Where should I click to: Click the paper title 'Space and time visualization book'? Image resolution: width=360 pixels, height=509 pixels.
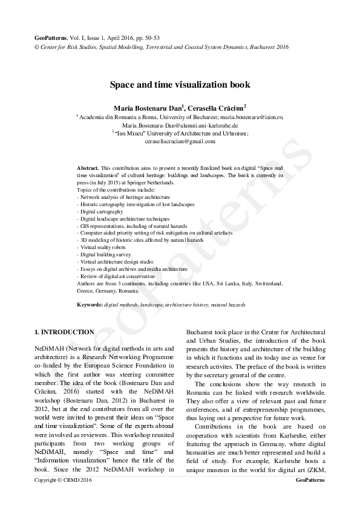(x=180, y=85)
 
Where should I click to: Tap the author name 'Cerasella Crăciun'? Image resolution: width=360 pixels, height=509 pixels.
(x=218, y=108)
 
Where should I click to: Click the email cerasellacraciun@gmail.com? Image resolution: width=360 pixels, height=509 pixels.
(x=180, y=141)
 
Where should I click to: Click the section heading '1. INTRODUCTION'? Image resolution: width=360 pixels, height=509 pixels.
(x=64, y=332)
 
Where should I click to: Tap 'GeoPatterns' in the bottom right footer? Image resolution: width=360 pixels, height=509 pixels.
(x=310, y=479)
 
